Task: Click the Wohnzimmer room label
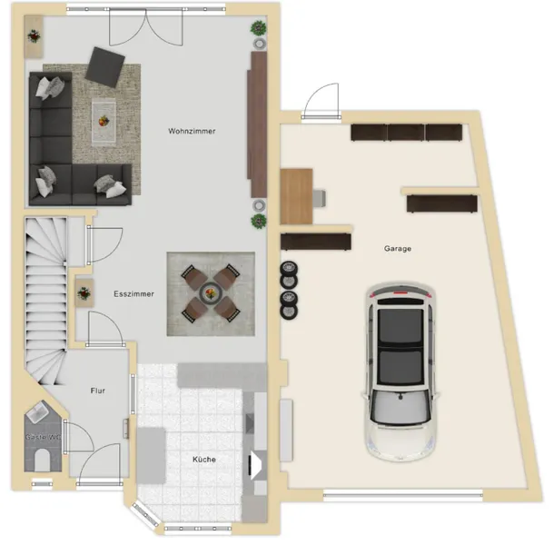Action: pyautogui.click(x=192, y=131)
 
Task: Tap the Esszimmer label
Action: pyautogui.click(x=134, y=294)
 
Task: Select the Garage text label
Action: pyautogui.click(x=398, y=249)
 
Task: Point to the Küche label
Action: pyautogui.click(x=204, y=459)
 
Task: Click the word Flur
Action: pyautogui.click(x=98, y=391)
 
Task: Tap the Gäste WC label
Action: pyautogui.click(x=43, y=437)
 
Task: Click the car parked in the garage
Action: pyautogui.click(x=401, y=372)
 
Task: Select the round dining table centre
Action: pyautogui.click(x=211, y=293)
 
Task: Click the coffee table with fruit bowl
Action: pyautogui.click(x=104, y=121)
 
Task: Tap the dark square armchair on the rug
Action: pyautogui.click(x=105, y=67)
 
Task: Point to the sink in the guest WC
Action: pyautogui.click(x=36, y=411)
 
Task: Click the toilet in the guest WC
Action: pyautogui.click(x=43, y=460)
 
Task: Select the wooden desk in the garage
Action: pyautogui.click(x=296, y=196)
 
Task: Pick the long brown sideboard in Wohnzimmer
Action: pyautogui.click(x=257, y=124)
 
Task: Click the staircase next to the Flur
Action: pyautogui.click(x=46, y=301)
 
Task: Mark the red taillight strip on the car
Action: pyautogui.click(x=401, y=293)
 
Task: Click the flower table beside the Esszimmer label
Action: pyautogui.click(x=84, y=293)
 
